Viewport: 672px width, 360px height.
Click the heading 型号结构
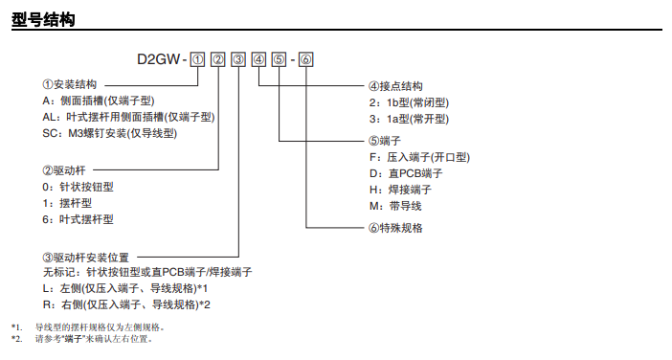click(x=43, y=19)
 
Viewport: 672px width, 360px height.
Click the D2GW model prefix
click(x=159, y=59)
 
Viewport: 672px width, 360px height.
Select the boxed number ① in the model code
click(x=197, y=59)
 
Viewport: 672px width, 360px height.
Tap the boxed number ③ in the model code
click(x=238, y=59)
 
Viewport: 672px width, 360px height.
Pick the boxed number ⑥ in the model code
click(x=306, y=59)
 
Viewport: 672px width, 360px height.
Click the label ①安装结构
click(x=70, y=84)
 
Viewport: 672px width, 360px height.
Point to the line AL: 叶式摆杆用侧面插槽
click(x=128, y=117)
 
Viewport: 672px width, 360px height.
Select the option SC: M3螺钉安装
click(x=110, y=133)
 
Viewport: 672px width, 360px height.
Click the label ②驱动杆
click(x=64, y=170)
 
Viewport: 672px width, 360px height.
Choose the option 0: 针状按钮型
click(x=78, y=187)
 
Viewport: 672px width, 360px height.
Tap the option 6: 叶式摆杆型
click(x=78, y=219)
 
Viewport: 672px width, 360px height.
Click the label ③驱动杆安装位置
click(x=86, y=258)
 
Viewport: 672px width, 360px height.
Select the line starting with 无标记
click(x=147, y=272)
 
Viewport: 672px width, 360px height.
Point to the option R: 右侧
click(x=126, y=304)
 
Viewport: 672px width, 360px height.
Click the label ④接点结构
click(x=395, y=86)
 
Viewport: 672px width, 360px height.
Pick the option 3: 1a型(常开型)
click(x=410, y=119)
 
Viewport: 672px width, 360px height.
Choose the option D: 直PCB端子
click(x=406, y=173)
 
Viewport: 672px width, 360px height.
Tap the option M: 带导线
click(x=395, y=206)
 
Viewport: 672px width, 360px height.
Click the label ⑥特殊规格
click(x=395, y=228)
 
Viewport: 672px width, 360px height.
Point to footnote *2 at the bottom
click(x=82, y=339)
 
